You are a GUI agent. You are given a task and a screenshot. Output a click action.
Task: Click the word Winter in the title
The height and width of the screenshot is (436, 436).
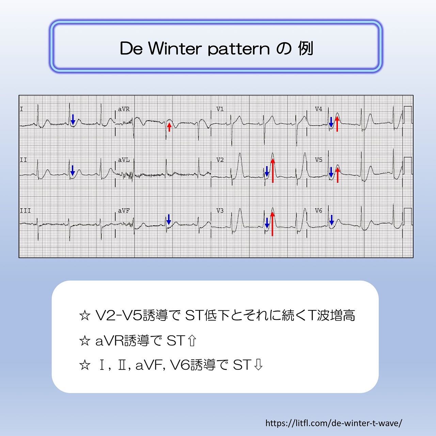tap(175, 48)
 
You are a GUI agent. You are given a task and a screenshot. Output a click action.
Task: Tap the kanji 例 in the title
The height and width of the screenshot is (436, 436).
tap(306, 48)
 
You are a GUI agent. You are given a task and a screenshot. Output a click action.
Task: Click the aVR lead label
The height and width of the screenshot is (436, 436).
tap(124, 109)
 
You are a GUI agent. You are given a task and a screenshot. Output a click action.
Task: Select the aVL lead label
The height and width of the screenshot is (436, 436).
tap(124, 160)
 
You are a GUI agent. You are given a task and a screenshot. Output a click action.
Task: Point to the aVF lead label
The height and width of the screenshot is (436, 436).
tap(124, 211)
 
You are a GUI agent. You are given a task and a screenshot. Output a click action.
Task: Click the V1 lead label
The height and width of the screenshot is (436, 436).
tap(220, 109)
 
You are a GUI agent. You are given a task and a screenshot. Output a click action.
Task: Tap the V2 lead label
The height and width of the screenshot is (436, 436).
tap(220, 160)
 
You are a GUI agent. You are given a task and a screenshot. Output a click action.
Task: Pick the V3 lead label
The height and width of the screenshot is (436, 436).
tap(220, 211)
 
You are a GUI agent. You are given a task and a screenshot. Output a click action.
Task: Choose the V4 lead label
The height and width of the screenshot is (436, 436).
tap(318, 109)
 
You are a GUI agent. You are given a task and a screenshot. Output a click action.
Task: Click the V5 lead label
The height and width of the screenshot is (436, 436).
tap(318, 160)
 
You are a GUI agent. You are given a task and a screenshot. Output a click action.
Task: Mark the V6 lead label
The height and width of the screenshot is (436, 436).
tap(318, 211)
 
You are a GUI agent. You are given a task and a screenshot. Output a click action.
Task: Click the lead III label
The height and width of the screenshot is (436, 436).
tap(25, 211)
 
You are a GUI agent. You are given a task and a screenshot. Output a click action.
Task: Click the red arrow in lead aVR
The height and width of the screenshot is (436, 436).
tap(169, 127)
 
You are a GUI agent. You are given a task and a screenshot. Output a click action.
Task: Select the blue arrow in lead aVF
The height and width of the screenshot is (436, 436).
tap(169, 219)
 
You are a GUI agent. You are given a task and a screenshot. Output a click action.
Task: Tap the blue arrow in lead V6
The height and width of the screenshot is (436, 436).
tap(331, 220)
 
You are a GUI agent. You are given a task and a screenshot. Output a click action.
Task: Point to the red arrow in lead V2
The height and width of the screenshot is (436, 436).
tap(272, 171)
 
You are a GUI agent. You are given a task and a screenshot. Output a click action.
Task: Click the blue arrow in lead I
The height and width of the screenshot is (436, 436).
tap(73, 120)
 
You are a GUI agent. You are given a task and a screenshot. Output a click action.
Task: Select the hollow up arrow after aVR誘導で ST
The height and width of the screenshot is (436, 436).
tap(192, 341)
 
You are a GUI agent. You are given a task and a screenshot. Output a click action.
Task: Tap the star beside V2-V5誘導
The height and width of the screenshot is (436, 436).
tap(85, 315)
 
